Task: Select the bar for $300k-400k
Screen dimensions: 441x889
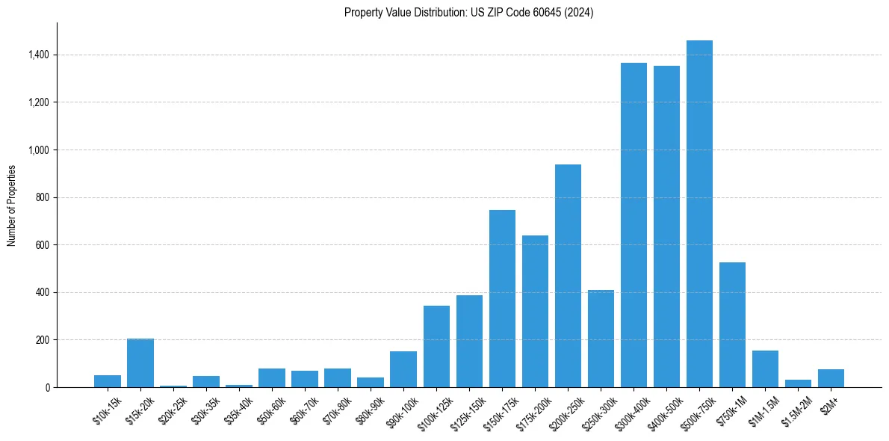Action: click(634, 225)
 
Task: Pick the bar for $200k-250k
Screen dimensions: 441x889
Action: click(568, 276)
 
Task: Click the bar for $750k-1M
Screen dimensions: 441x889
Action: click(732, 324)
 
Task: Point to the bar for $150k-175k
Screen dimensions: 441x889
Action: click(502, 298)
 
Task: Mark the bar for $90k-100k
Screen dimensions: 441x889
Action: click(403, 369)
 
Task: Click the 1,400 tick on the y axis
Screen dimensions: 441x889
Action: click(39, 55)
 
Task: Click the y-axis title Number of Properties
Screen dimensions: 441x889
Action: click(12, 205)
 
